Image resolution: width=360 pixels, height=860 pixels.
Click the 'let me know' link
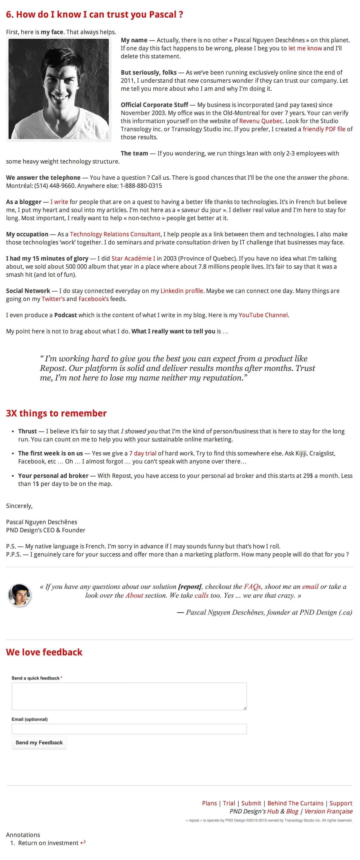point(305,48)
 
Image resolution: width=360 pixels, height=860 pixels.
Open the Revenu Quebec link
point(260,121)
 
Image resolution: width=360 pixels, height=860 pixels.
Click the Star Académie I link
point(133,259)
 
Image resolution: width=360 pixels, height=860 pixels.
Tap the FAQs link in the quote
point(252,586)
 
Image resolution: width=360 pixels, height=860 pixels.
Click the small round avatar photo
point(19,595)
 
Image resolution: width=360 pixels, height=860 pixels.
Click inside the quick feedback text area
point(129,696)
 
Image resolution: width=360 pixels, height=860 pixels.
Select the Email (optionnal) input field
point(129,729)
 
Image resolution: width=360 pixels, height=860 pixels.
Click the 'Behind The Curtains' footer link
point(295,803)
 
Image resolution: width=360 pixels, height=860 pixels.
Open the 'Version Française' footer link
point(328,811)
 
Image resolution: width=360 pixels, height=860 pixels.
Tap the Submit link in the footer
point(251,803)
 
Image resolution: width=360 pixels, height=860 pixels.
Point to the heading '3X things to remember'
point(56,413)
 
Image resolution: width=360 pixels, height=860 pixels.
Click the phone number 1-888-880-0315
point(141,186)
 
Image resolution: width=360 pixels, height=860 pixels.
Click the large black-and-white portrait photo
point(59,89)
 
